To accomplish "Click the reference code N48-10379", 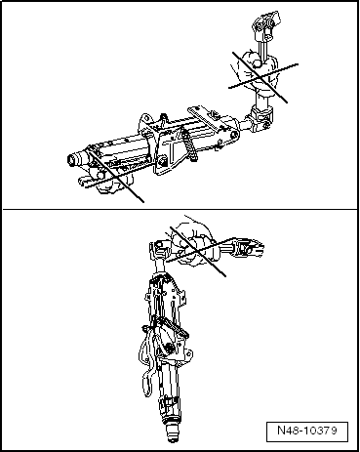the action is (307, 431).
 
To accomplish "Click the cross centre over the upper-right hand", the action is (260, 77).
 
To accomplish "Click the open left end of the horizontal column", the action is (73, 158).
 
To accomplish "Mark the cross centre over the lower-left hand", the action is (113, 176).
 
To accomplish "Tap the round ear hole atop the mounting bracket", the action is (145, 118).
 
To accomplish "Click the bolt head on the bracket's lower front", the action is (162, 160).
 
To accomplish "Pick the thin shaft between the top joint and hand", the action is (262, 47).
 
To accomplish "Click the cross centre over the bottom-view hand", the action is (198, 251).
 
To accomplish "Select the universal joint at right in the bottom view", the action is (250, 248).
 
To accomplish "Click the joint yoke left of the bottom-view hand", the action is (158, 250).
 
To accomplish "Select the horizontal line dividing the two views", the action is (180, 208).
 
